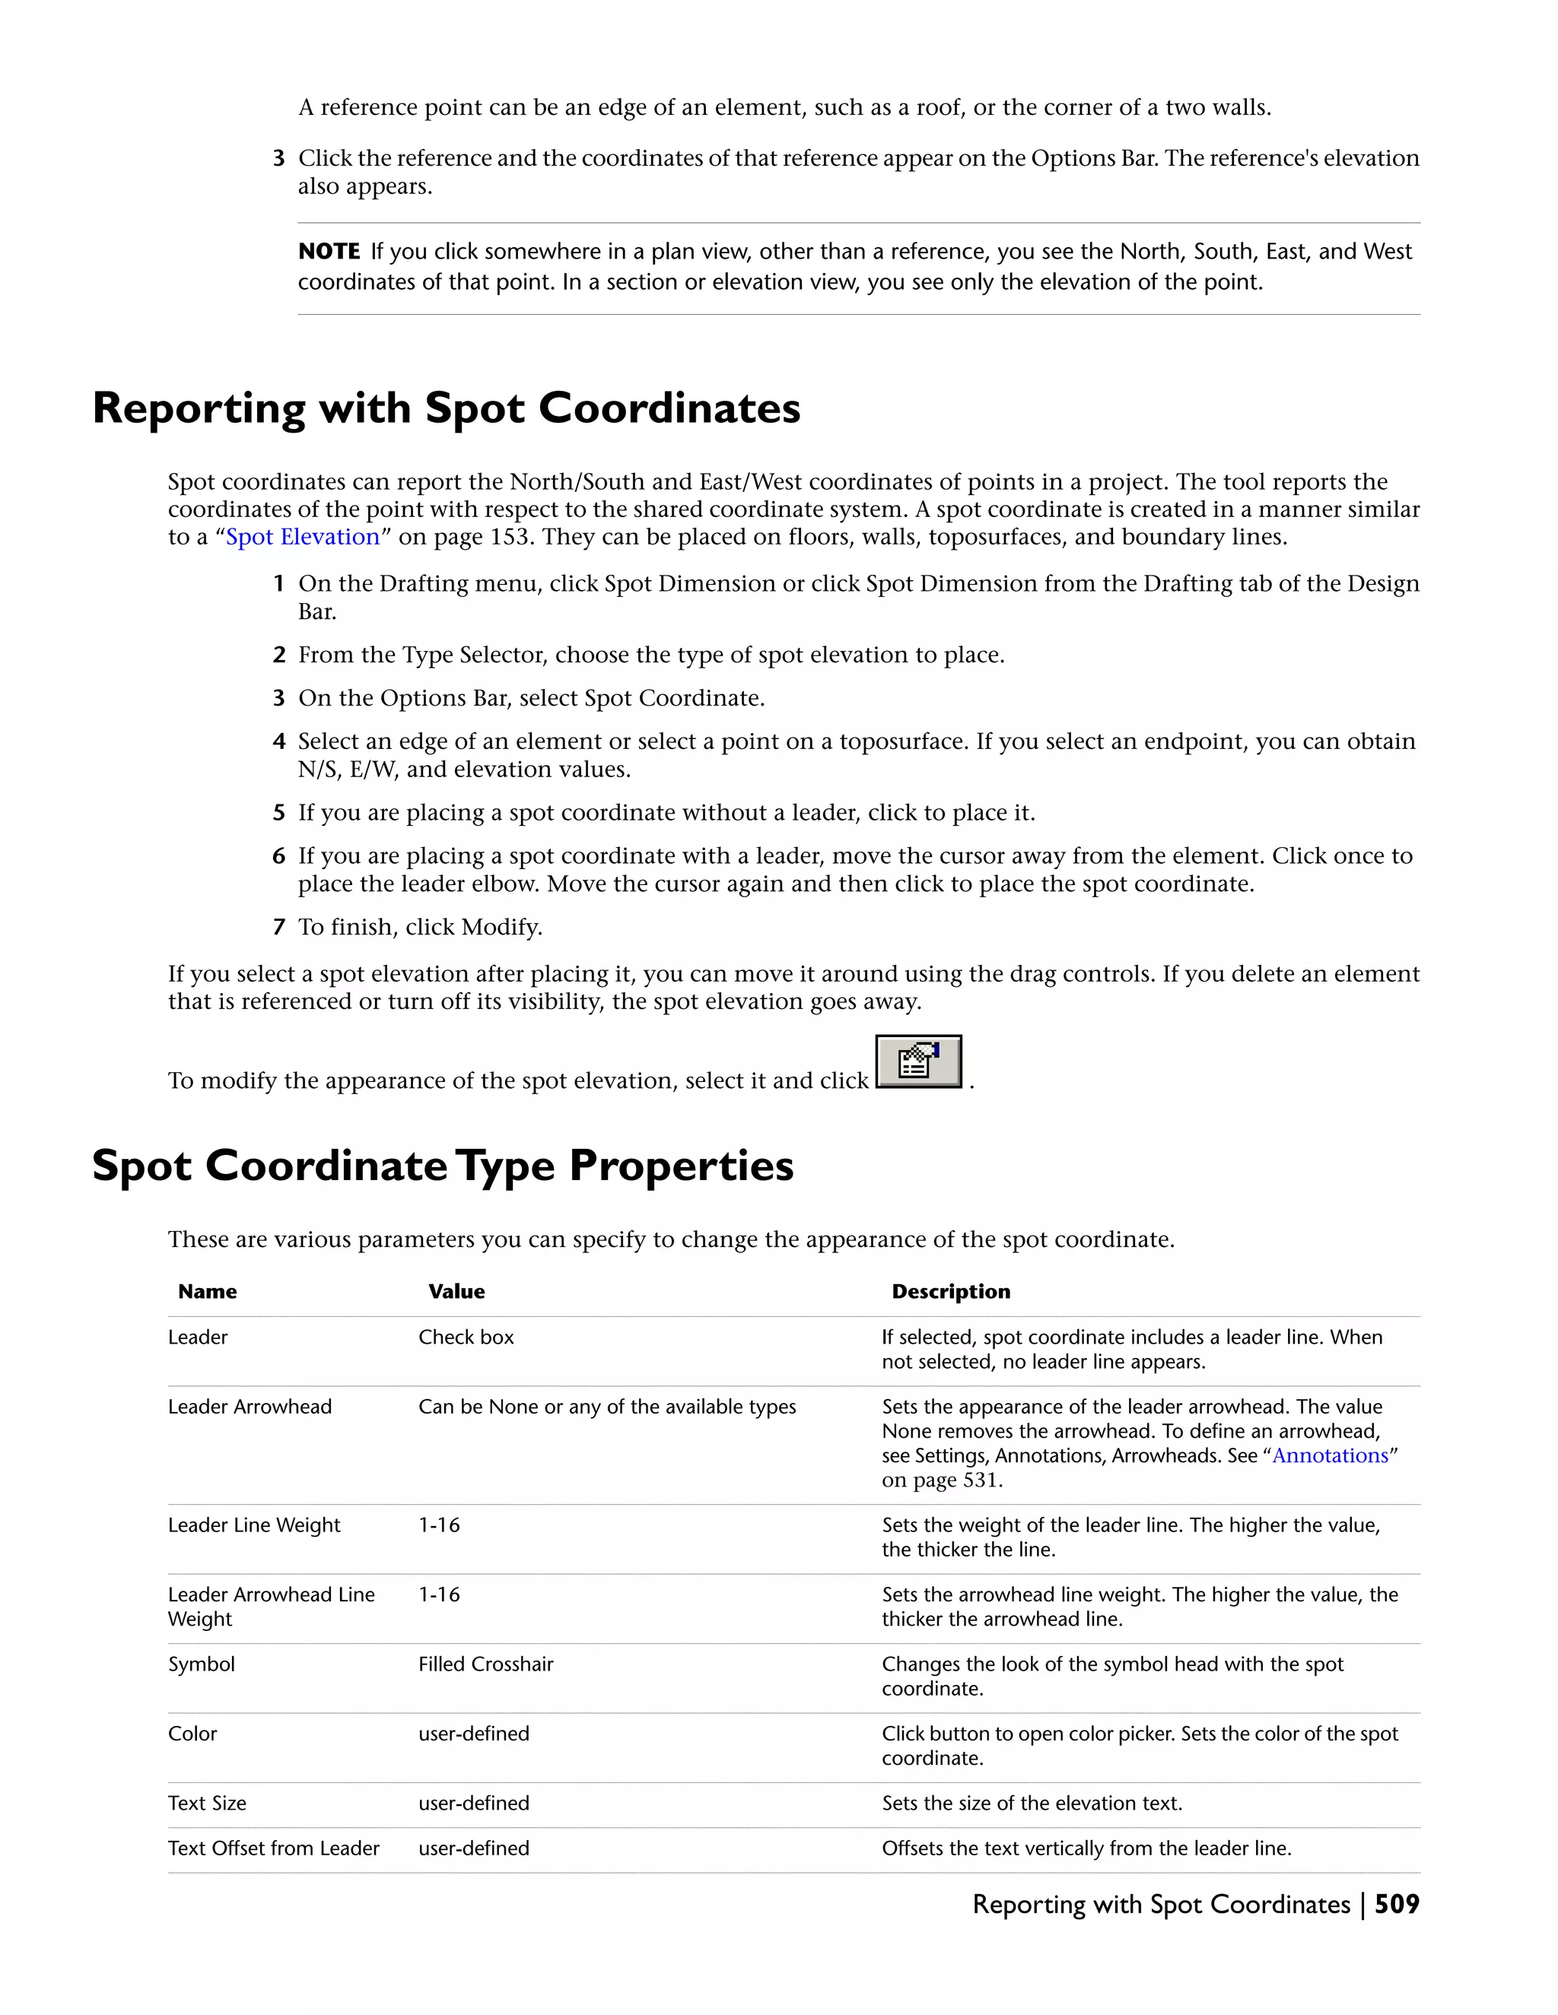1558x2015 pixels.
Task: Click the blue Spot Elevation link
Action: tap(303, 537)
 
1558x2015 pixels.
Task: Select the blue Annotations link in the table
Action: tap(1330, 1455)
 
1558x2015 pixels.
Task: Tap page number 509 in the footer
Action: tap(1397, 1903)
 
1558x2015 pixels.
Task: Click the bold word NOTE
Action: tap(329, 252)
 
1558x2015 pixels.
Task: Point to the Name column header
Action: tap(207, 1292)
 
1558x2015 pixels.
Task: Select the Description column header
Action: tap(951, 1292)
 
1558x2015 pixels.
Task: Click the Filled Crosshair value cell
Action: tap(485, 1664)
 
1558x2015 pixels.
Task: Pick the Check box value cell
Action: tap(466, 1337)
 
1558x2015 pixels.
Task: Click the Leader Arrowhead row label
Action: tap(250, 1406)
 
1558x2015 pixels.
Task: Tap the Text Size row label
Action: tap(207, 1803)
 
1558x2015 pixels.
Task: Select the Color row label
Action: tap(192, 1734)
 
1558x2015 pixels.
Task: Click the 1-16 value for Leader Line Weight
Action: tap(440, 1525)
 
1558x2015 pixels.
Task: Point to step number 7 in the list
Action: tap(278, 927)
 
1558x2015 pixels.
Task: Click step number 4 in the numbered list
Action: tap(278, 742)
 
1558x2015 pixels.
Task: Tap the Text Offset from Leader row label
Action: tap(273, 1848)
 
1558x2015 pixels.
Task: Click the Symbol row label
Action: tap(201, 1664)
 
